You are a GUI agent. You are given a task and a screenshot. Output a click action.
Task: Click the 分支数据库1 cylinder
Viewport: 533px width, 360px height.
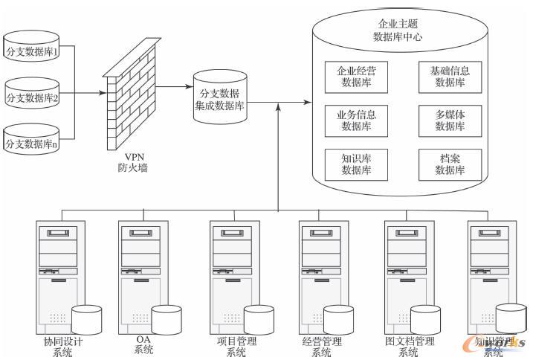pos(32,48)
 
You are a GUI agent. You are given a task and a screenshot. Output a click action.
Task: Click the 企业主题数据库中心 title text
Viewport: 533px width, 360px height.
pos(402,30)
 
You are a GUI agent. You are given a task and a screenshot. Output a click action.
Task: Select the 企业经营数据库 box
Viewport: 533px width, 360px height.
pos(357,77)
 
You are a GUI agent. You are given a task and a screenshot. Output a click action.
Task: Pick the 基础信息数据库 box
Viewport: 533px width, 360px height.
pos(449,77)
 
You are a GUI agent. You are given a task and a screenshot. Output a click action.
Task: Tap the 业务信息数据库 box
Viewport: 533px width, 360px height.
pos(357,120)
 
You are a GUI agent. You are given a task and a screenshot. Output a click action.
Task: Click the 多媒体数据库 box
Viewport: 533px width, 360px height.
pos(449,120)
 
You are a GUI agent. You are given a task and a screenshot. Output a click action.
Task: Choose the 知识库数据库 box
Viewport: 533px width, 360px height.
pos(357,164)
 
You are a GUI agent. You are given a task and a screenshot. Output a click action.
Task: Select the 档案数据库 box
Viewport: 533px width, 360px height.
pos(449,164)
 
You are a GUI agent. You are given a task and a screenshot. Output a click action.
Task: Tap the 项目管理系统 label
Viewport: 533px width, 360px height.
pos(236,347)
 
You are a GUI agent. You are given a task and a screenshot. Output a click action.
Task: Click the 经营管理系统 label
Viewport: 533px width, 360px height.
pos(321,347)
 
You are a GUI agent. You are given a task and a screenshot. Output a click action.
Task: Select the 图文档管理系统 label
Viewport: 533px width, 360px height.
pos(410,347)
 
